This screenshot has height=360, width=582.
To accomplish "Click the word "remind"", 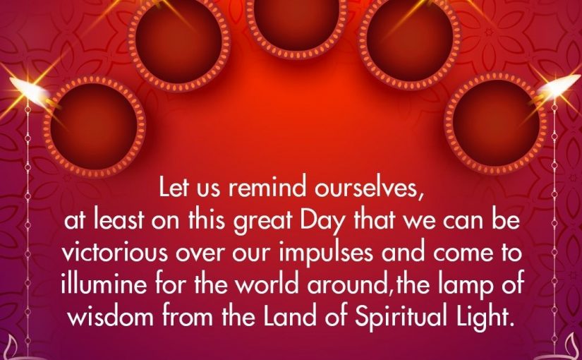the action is pyautogui.click(x=267, y=188).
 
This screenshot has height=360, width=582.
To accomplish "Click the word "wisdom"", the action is pyautogui.click(x=111, y=316).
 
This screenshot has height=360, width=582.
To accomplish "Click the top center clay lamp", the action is pyautogui.click(x=296, y=25).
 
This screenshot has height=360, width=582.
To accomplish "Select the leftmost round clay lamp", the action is pyautogui.click(x=95, y=126).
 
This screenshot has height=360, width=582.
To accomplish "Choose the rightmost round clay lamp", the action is pyautogui.click(x=496, y=124).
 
